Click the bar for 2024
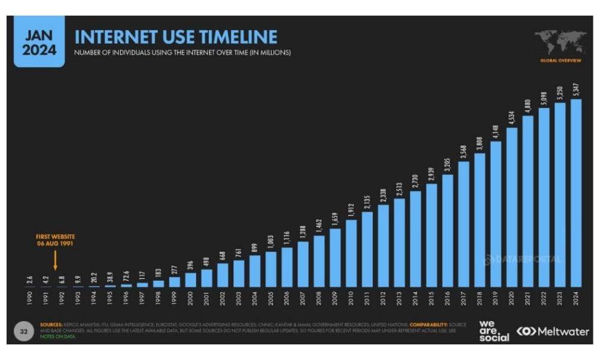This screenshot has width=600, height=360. pyautogui.click(x=575, y=192)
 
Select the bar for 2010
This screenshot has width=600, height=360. pyautogui.click(x=351, y=253)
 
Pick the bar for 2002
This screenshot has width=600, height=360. pyautogui.click(x=223, y=274)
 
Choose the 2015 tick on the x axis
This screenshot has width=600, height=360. pyautogui.click(x=431, y=298)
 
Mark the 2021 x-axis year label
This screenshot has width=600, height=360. pyautogui.click(x=527, y=298)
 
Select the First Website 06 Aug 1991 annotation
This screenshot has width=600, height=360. pyautogui.click(x=55, y=240)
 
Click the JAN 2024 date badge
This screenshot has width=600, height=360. pyautogui.click(x=39, y=42)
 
